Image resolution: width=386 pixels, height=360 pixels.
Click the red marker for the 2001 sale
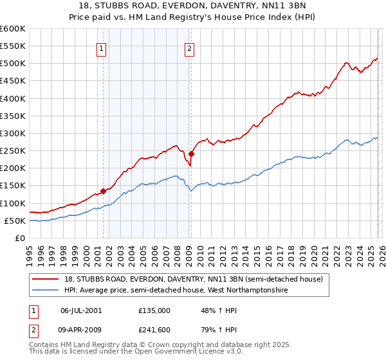103,191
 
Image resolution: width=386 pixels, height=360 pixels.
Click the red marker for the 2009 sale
191,154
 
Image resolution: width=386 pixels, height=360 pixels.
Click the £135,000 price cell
154,310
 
